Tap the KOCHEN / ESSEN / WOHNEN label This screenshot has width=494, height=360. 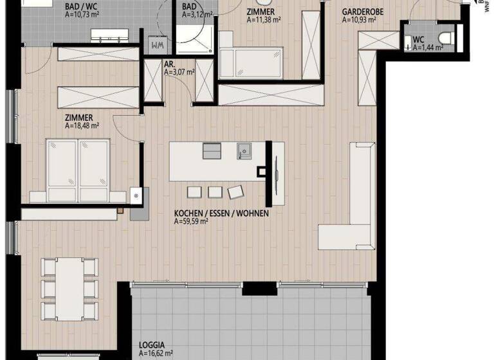click(221, 213)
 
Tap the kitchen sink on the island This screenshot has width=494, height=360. click(244, 150)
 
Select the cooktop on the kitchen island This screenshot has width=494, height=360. click(212, 150)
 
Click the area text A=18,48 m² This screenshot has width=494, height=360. click(82, 126)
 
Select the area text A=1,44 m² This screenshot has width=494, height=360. click(427, 48)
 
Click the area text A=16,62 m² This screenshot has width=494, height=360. click(156, 353)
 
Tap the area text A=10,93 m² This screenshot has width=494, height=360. click(359, 20)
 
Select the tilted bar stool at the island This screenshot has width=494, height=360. click(235, 192)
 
